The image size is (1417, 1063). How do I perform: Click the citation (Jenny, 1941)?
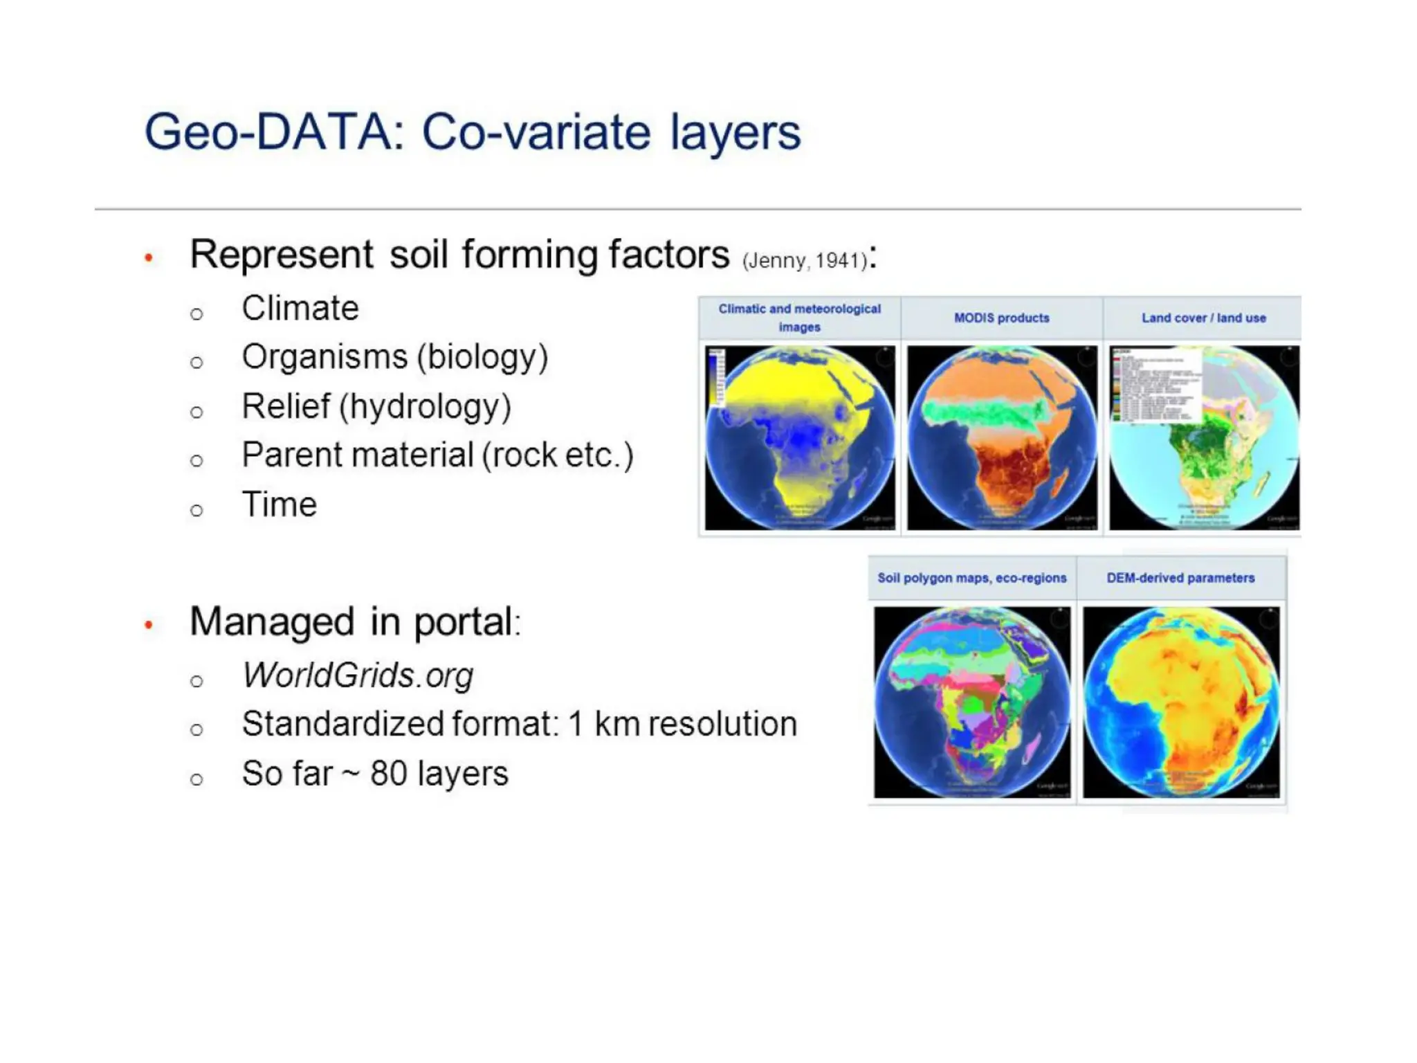pyautogui.click(x=805, y=261)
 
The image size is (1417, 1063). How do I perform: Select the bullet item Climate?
pyautogui.click(x=300, y=308)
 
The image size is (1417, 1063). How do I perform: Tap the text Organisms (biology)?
pyautogui.click(x=394, y=357)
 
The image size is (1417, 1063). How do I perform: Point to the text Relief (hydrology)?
pyautogui.click(x=376, y=406)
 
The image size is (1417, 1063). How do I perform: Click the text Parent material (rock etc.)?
pyautogui.click(x=437, y=455)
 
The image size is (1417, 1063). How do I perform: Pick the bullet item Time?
pyautogui.click(x=279, y=505)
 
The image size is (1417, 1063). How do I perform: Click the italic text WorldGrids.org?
pyautogui.click(x=358, y=675)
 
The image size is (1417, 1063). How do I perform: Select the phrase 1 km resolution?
pyautogui.click(x=682, y=725)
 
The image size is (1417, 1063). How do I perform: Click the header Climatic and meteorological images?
pyautogui.click(x=799, y=318)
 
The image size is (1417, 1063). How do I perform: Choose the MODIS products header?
pyautogui.click(x=1001, y=318)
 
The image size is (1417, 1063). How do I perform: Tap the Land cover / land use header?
pyautogui.click(x=1203, y=318)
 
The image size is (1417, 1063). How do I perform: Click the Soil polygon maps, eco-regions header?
pyautogui.click(x=971, y=578)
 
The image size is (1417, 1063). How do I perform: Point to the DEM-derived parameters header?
pyautogui.click(x=1180, y=578)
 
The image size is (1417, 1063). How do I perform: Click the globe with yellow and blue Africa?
pyautogui.click(x=799, y=438)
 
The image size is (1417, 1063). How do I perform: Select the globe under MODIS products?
pyautogui.click(x=1001, y=438)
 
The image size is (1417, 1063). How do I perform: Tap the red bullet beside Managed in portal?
pyautogui.click(x=148, y=625)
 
